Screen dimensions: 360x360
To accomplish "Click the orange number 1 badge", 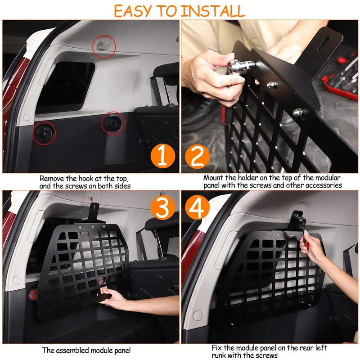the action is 163,156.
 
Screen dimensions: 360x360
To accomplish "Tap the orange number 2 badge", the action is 197,157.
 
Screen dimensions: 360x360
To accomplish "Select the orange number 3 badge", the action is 163,207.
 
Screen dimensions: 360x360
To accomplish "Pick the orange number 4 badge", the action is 197,207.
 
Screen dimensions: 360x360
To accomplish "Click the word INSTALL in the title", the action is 213,11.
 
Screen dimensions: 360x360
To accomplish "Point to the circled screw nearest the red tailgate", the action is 44,133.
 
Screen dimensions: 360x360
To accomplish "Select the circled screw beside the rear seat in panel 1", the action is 113,123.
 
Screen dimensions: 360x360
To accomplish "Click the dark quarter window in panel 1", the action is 65,87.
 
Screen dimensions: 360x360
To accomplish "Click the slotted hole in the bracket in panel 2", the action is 323,43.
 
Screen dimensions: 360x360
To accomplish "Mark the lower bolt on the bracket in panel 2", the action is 297,112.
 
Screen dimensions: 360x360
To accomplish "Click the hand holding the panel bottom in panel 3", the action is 113,298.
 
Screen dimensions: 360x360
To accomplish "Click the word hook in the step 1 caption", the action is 86,178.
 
